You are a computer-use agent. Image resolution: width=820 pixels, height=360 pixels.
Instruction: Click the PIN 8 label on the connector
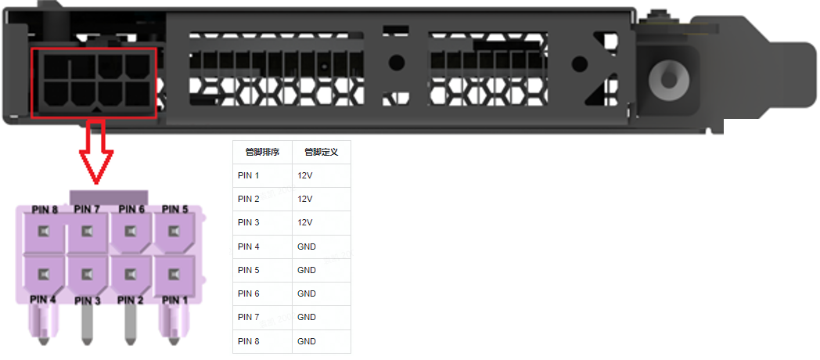click(x=45, y=209)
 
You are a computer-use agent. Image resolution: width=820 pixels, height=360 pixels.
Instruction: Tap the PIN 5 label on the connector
click(x=174, y=209)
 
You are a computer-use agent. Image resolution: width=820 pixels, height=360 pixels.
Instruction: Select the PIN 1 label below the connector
click(x=174, y=300)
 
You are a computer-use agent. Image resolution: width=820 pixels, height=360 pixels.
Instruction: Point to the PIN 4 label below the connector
click(x=43, y=299)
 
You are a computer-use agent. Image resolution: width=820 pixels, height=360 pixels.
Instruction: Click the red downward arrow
click(x=96, y=152)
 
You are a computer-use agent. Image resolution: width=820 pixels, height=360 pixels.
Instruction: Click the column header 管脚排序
click(x=263, y=153)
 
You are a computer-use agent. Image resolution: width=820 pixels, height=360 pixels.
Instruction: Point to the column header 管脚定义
click(x=322, y=153)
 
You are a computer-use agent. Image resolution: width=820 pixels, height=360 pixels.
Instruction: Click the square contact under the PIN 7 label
click(x=88, y=230)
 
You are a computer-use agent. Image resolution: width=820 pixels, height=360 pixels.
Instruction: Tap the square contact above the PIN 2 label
click(x=131, y=273)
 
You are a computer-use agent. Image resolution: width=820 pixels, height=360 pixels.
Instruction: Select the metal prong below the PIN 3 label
click(x=88, y=326)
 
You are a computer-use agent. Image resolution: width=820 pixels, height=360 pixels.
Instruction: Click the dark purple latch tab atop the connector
click(x=109, y=197)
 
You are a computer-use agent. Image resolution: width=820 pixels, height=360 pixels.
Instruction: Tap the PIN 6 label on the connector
click(x=131, y=209)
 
